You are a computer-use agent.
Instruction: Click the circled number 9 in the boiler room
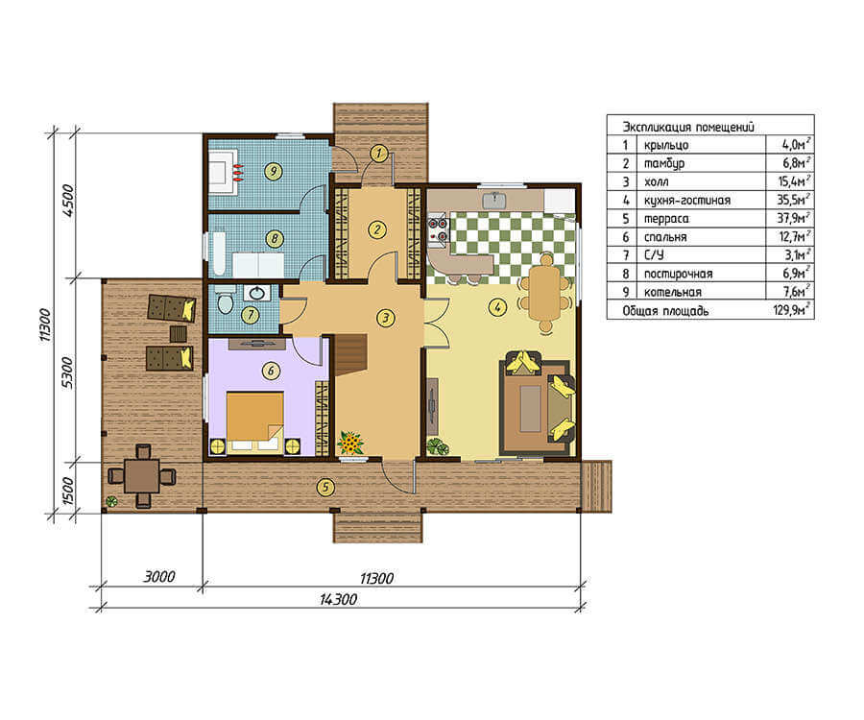(x=273, y=171)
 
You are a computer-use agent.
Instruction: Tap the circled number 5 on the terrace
(x=325, y=487)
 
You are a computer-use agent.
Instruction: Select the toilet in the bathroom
(x=225, y=302)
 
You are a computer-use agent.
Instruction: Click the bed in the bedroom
(x=255, y=421)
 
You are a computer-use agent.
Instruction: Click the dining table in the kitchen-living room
(x=545, y=293)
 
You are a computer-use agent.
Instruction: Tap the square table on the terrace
(x=143, y=476)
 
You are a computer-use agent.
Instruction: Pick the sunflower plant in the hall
(x=351, y=443)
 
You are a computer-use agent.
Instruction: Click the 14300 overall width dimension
(x=338, y=599)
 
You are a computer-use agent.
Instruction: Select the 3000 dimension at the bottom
(x=158, y=577)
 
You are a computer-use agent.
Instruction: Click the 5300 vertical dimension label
(x=66, y=372)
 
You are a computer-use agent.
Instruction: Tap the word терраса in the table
(x=666, y=219)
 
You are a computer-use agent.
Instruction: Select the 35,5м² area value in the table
(x=794, y=200)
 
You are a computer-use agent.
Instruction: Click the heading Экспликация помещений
(x=688, y=127)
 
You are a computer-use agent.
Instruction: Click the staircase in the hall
(x=348, y=355)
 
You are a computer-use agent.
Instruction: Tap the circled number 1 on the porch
(x=378, y=154)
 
